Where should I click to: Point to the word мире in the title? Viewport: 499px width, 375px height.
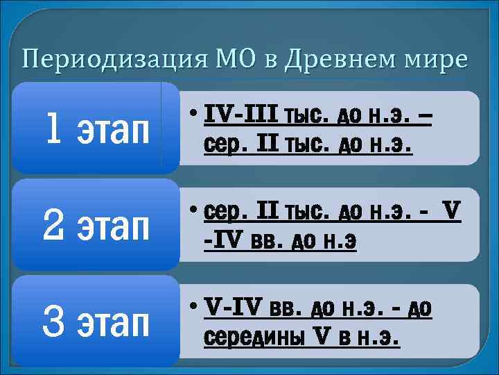pos(437,60)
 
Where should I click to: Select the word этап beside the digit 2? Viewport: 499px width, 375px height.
pos(115,226)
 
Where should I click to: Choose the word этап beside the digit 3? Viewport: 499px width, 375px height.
pos(115,324)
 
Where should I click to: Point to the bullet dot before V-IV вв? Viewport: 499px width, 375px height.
pos(191,308)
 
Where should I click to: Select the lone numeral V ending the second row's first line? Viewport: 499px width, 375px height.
pos(452,210)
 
